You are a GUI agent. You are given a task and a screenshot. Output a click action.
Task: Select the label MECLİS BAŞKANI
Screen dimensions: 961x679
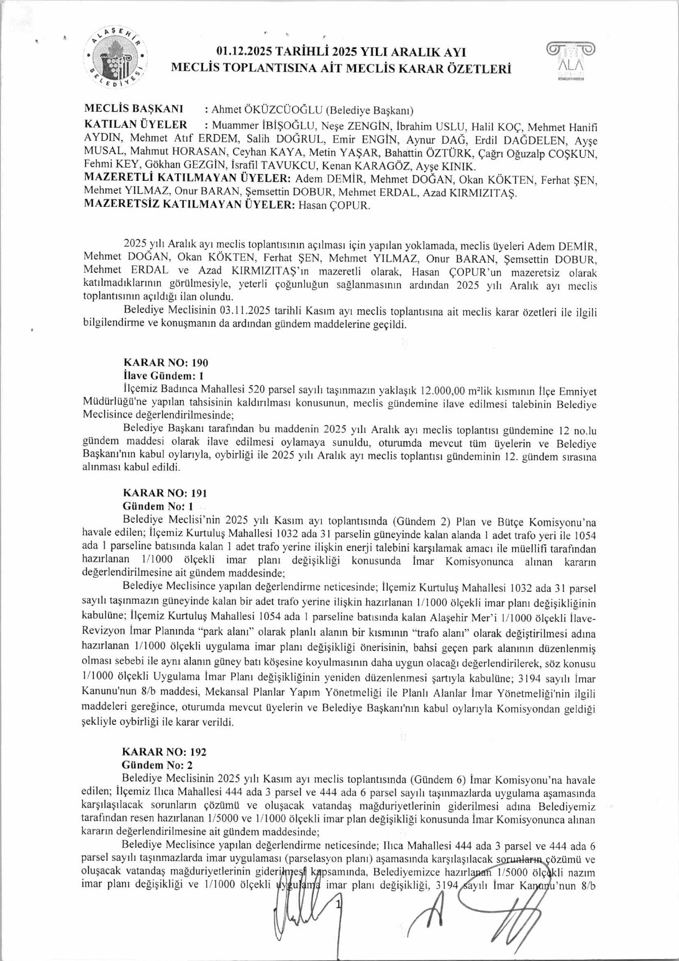[134, 109]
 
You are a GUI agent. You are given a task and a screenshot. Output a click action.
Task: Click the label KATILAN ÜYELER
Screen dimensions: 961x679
[135, 124]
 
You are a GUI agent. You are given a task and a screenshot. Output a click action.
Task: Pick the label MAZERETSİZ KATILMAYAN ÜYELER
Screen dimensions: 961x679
[189, 204]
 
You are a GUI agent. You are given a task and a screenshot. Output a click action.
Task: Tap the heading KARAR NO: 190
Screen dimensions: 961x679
[166, 363]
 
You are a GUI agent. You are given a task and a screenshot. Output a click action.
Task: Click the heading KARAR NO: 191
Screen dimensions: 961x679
[165, 493]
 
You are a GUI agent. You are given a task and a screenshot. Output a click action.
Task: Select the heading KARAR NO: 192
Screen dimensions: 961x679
[164, 752]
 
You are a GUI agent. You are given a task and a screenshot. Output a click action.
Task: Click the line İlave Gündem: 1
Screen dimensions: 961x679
[163, 376]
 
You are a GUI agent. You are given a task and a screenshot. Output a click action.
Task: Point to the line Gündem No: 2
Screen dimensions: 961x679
[157, 765]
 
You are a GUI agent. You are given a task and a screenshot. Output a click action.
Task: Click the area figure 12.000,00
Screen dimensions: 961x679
[443, 391]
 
